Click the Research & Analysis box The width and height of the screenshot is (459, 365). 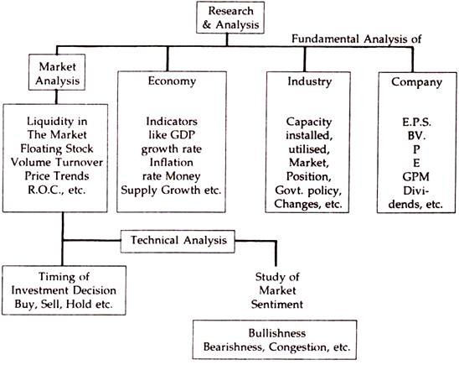click(230, 18)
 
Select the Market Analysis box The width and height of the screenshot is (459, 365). click(57, 72)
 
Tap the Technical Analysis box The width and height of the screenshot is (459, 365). click(178, 242)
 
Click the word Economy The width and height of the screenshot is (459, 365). click(172, 81)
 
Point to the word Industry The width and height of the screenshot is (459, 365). click(309, 81)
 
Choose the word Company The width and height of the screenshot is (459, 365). click(416, 82)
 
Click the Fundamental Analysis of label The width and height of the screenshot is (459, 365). click(356, 39)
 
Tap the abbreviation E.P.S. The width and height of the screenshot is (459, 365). click(416, 122)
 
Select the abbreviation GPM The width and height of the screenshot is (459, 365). click(416, 177)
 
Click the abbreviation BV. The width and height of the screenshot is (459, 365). click(416, 136)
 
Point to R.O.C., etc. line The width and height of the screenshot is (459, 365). click(57, 190)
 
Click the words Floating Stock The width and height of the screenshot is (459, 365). click(57, 149)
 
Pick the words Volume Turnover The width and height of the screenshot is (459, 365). click(57, 163)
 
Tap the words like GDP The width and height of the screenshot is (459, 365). click(172, 135)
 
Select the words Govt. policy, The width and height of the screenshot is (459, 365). click(308, 190)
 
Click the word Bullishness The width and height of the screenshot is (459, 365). click(277, 333)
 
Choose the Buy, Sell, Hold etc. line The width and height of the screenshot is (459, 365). click(64, 304)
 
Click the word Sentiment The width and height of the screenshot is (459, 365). click(277, 305)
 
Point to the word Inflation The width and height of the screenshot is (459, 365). click(172, 163)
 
